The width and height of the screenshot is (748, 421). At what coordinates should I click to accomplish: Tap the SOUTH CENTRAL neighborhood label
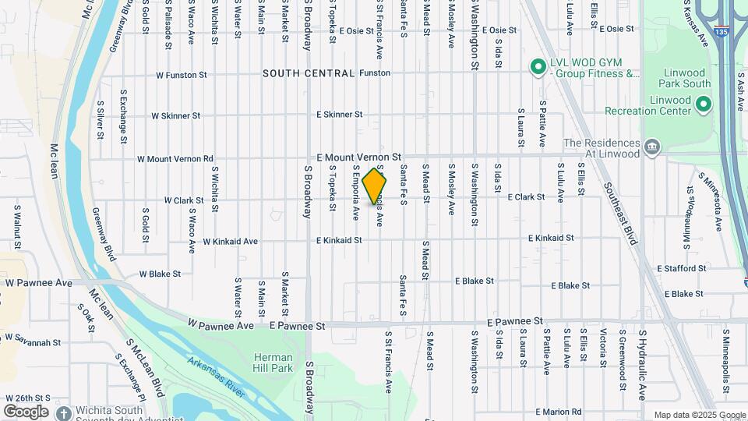pos(309,73)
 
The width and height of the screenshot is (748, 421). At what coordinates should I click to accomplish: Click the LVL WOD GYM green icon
pos(537,68)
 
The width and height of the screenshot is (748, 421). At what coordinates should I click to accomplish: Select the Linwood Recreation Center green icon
pos(704,104)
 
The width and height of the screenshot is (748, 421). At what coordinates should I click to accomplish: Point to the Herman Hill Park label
pos(273,363)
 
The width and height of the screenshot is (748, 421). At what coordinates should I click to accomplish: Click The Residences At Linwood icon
pos(652,145)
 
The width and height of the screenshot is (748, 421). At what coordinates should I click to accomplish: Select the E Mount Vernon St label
pos(358,157)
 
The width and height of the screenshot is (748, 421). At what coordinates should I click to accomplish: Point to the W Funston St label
pos(181,76)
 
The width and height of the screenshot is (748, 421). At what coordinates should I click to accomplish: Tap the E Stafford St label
pos(681,268)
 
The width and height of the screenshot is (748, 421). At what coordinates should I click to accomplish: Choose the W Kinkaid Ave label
pos(230,242)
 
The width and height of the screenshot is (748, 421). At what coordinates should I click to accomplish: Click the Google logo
pos(25,411)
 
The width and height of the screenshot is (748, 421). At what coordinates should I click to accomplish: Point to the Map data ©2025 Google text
pos(700,415)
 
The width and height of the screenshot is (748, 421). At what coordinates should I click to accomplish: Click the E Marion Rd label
pos(559,412)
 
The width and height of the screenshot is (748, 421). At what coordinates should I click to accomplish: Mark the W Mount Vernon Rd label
pos(175,159)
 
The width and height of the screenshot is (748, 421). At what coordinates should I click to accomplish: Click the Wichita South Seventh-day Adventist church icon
pos(63,411)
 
